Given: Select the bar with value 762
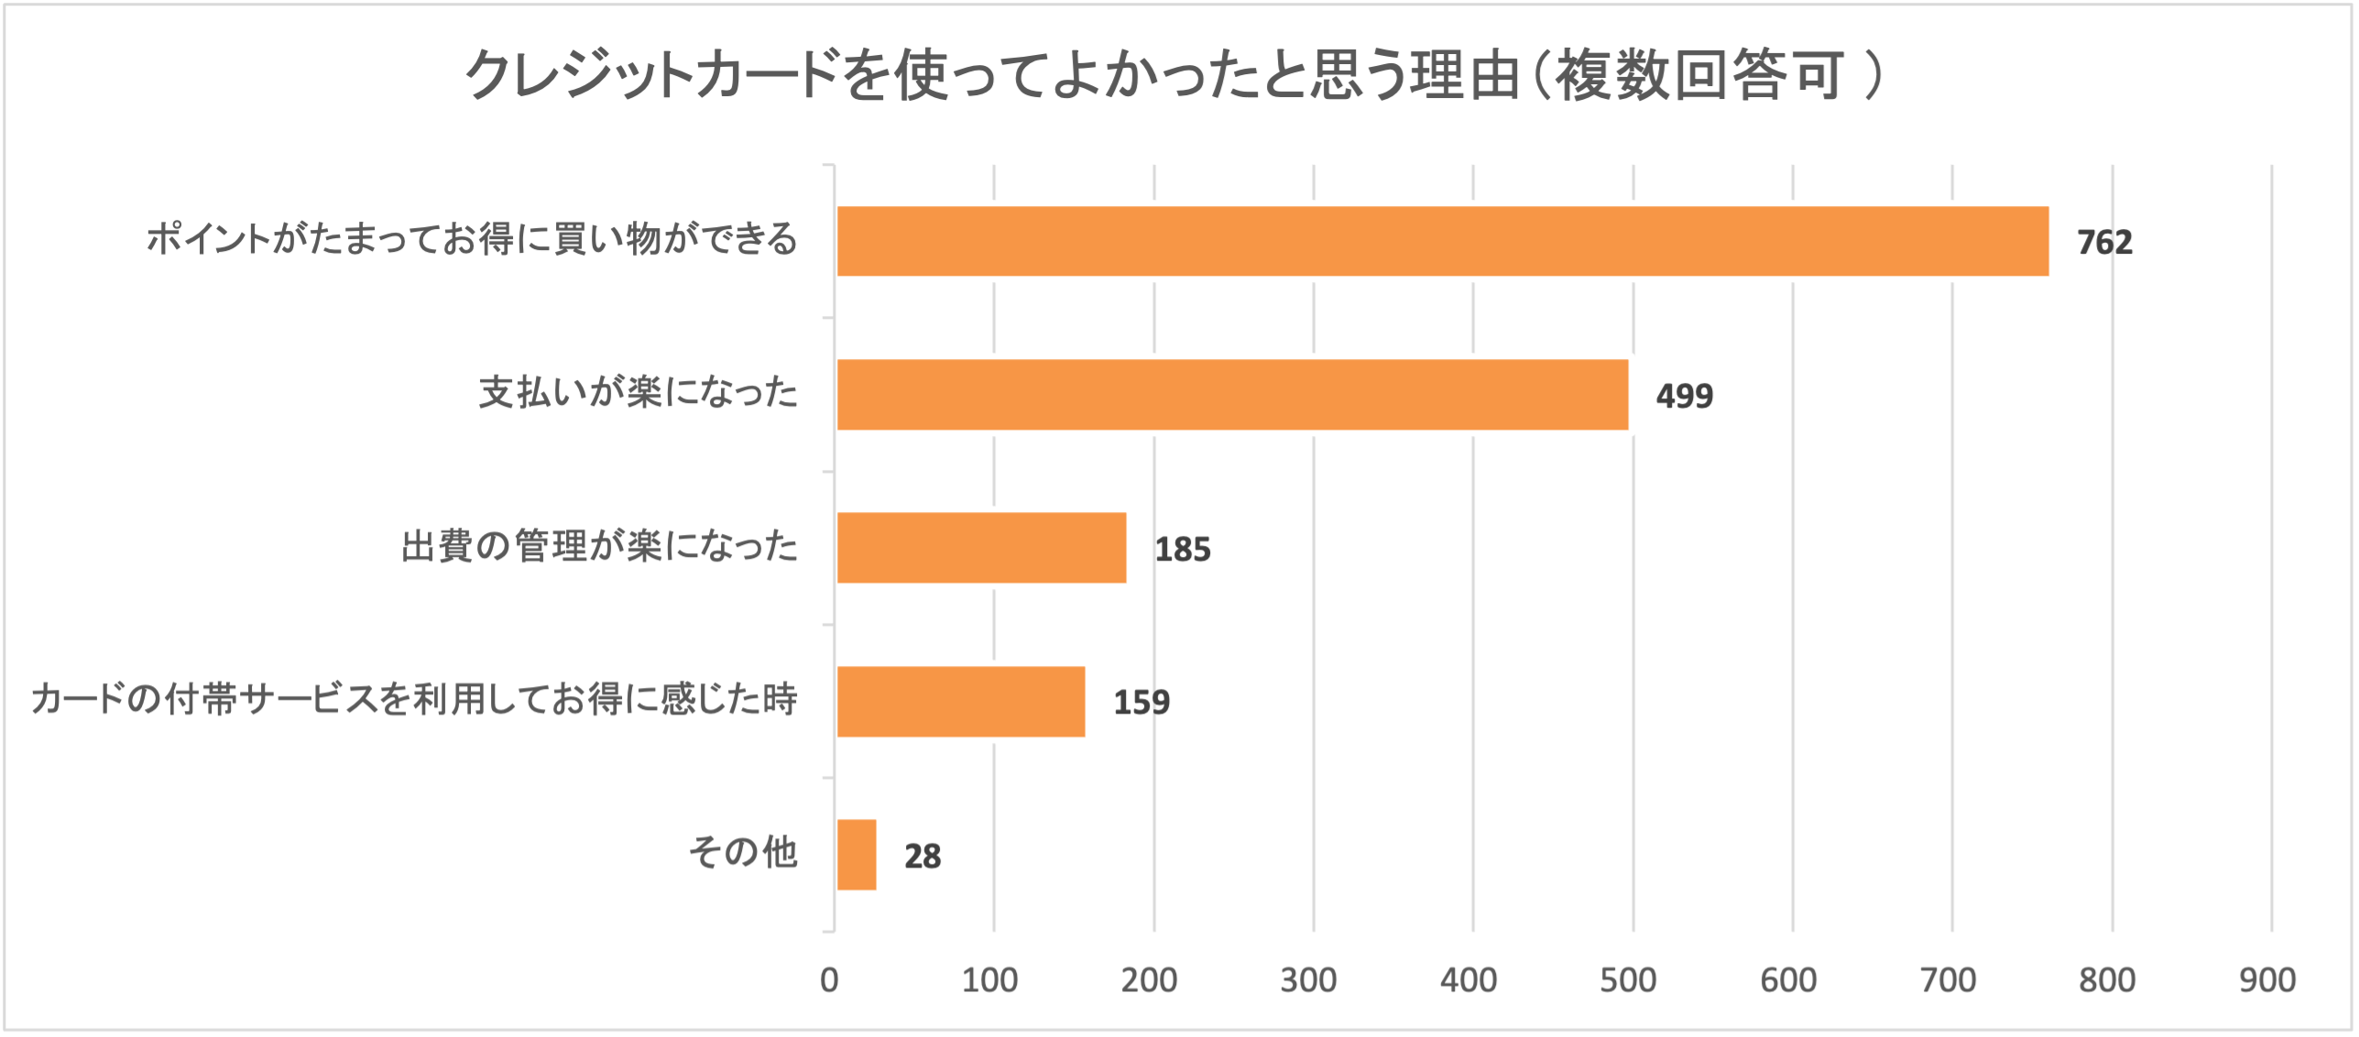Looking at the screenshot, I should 1442,241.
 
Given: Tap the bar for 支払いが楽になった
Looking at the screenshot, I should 1232,394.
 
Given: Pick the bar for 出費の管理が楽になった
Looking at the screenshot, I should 981,548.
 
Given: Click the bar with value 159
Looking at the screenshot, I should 961,701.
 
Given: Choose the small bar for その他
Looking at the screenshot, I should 857,855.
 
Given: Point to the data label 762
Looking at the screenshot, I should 2104,243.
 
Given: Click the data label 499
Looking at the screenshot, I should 1684,396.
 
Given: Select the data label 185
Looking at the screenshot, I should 1182,550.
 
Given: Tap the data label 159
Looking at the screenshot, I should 1141,703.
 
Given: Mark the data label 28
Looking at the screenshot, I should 922,857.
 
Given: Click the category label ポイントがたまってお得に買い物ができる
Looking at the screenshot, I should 472,239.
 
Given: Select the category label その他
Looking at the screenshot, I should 743,852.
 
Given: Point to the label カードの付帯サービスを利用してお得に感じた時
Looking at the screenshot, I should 414,700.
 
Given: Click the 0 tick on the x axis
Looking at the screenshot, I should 829,980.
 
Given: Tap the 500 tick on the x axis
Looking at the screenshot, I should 1628,980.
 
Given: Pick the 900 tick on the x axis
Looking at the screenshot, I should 2267,980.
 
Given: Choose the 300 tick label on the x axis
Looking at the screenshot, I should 1308,980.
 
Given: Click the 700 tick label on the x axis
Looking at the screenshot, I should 1948,980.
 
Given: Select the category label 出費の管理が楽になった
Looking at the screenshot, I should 600,547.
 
